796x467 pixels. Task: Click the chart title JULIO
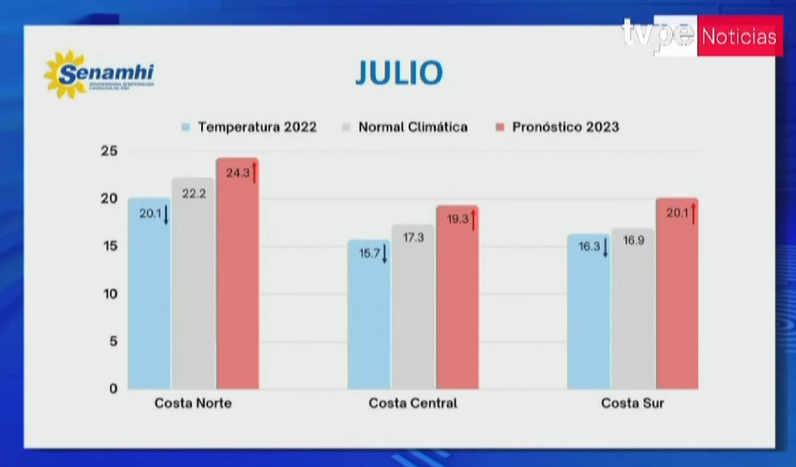(399, 73)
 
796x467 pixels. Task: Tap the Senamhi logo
(98, 74)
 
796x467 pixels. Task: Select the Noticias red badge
(739, 37)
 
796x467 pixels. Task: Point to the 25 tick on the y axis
(109, 151)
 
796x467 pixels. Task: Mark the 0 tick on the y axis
(113, 388)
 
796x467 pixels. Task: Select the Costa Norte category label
(193, 403)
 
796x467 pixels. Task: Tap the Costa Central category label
(412, 403)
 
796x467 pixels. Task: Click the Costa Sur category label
(632, 403)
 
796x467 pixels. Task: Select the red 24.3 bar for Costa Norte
(238, 287)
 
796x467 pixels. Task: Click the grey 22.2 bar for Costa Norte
(193, 294)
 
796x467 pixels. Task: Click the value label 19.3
(457, 220)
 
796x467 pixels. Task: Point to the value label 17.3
(413, 238)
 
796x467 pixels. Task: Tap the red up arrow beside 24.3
(254, 172)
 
